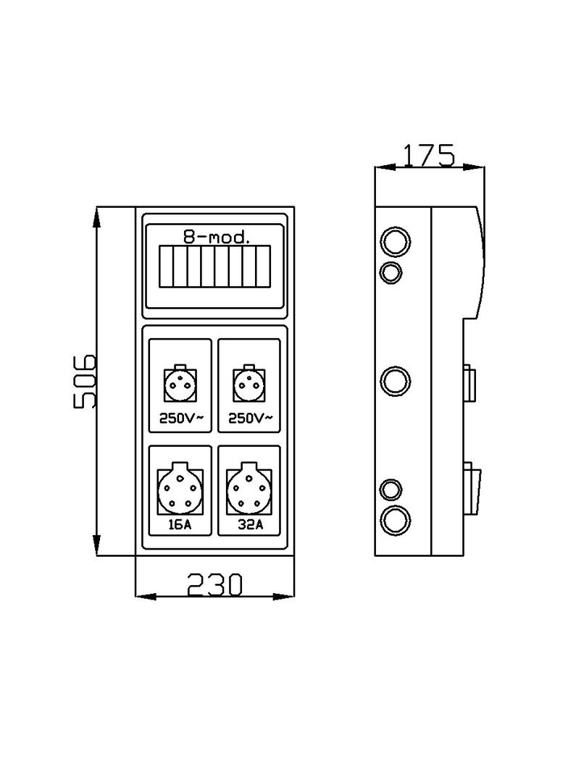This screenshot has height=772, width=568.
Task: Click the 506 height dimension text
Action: (x=85, y=382)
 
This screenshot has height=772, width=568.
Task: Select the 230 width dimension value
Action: (x=214, y=584)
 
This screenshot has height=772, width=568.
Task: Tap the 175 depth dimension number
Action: (x=429, y=155)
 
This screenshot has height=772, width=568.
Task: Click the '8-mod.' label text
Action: (x=215, y=236)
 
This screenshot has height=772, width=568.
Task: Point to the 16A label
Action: (x=180, y=525)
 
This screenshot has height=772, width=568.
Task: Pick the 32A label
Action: (x=250, y=525)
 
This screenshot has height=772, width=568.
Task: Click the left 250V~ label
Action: (x=180, y=419)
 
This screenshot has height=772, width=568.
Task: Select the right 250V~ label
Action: (x=251, y=419)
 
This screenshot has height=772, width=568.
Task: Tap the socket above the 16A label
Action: (x=179, y=490)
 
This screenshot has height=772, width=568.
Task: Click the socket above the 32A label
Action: (x=249, y=490)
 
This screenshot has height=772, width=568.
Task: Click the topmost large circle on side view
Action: (x=396, y=242)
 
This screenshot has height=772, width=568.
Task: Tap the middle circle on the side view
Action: (x=396, y=381)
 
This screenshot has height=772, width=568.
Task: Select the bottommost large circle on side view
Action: (x=396, y=520)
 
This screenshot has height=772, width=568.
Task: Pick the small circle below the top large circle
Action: (x=391, y=272)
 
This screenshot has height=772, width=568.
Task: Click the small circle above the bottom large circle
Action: (x=391, y=490)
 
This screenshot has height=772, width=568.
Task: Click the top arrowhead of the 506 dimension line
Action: (x=97, y=217)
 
